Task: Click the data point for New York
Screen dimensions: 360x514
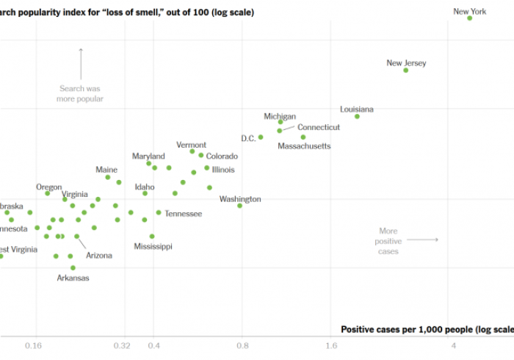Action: [x=470, y=18]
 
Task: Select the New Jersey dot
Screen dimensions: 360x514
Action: [x=405, y=70]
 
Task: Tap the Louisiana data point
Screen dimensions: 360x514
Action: [x=357, y=116]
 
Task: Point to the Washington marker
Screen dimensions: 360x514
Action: [x=240, y=206]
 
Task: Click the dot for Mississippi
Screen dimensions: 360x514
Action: [x=152, y=236]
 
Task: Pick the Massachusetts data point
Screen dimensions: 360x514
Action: [x=303, y=137]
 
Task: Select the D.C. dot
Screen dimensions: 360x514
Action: [x=260, y=137]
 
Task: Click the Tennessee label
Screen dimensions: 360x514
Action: [x=183, y=214]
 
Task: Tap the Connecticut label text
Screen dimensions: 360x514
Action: [x=318, y=127]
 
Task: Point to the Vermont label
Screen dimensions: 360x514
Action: [x=191, y=145]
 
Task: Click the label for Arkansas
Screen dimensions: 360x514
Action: [x=73, y=278]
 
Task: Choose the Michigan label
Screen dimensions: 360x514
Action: [x=280, y=116]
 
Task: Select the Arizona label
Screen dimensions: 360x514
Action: [x=99, y=255]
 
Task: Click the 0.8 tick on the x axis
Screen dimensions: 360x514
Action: [x=242, y=345]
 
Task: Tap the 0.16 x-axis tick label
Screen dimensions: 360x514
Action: [x=34, y=345]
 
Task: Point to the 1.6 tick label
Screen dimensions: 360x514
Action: [x=330, y=345]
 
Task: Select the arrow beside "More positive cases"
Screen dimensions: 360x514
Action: [x=422, y=240]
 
